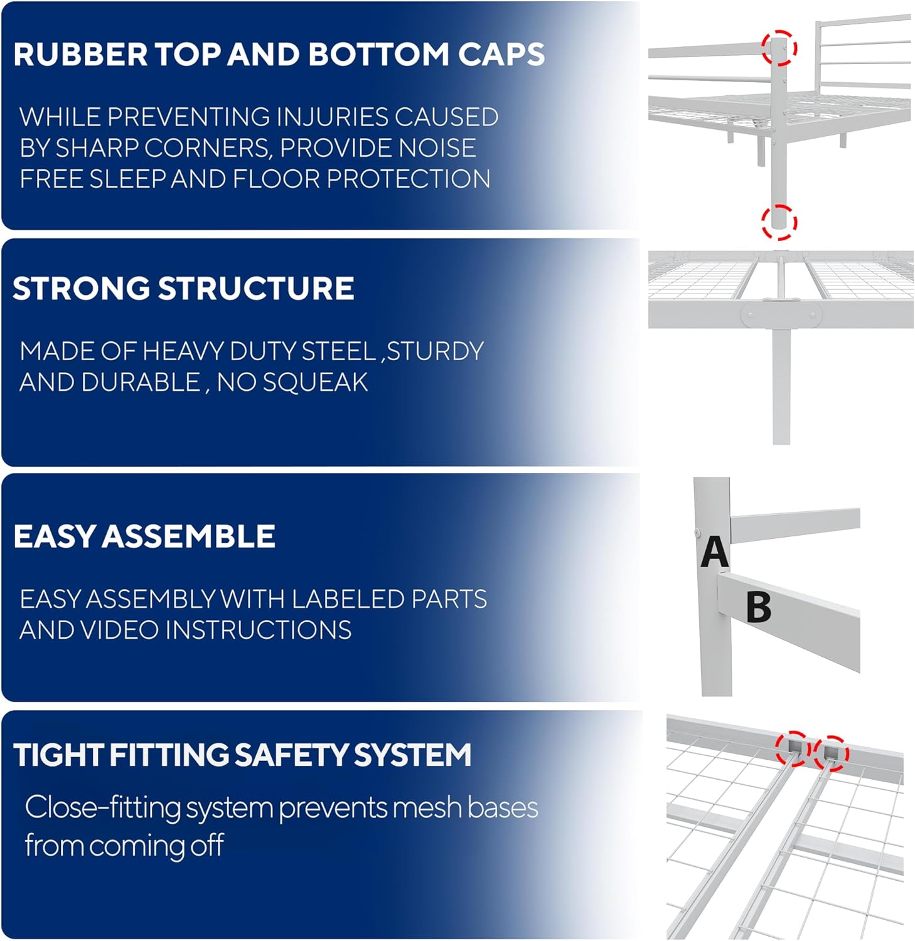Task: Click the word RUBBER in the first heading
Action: tap(80, 55)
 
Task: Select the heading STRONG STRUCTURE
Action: tap(183, 289)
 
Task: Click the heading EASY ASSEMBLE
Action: tap(144, 536)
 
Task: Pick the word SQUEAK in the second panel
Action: tap(315, 382)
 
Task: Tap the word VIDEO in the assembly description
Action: tap(119, 630)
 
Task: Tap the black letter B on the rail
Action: tap(759, 607)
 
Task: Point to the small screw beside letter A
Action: tap(698, 533)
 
